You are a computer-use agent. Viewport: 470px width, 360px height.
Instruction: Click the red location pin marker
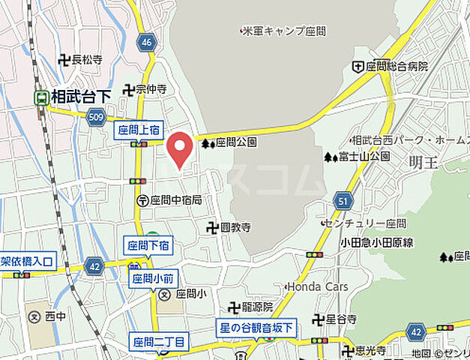coord(179,148)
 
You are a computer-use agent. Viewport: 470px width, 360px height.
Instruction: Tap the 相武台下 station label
coord(80,97)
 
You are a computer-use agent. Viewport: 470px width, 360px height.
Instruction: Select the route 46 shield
coord(147,42)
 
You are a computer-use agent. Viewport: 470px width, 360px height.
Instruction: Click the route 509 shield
coord(95,117)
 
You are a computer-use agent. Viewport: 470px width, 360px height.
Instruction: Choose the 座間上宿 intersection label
coord(139,130)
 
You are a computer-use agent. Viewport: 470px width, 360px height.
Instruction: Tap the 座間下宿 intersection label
coord(148,245)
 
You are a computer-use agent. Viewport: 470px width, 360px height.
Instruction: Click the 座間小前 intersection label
coord(153,279)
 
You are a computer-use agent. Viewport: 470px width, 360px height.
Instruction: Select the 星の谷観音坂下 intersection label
coord(257,328)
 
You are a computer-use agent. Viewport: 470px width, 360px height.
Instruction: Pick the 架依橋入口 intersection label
coord(27,260)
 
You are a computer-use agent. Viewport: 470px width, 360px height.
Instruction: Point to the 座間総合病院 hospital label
coord(396,67)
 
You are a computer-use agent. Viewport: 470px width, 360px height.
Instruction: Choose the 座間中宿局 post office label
coord(175,200)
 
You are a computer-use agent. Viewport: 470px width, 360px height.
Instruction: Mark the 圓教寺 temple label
coord(234,226)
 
